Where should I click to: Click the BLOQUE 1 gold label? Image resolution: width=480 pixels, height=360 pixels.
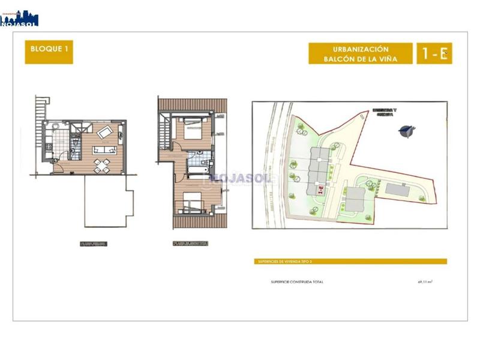pyautogui.click(x=49, y=53)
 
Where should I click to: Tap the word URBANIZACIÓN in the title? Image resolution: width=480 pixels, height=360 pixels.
pyautogui.click(x=361, y=49)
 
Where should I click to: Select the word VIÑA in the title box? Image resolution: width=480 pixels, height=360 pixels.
pyautogui.click(x=386, y=59)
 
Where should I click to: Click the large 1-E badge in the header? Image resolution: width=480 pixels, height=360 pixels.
pyautogui.click(x=434, y=53)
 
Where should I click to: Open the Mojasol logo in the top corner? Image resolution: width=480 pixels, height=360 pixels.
pyautogui.click(x=19, y=17)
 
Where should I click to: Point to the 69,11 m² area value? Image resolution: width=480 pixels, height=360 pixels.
pyautogui.click(x=425, y=281)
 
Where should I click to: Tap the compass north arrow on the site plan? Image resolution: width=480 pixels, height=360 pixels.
pyautogui.click(x=407, y=130)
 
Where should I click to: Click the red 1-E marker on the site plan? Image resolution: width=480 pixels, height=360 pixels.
pyautogui.click(x=320, y=190)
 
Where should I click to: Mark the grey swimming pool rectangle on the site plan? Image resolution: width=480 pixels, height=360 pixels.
pyautogui.click(x=397, y=190)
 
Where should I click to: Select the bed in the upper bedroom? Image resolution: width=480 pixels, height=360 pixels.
pyautogui.click(x=194, y=129)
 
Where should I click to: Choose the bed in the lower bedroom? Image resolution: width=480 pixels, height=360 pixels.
pyautogui.click(x=193, y=202)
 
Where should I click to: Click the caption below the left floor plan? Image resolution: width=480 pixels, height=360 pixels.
pyautogui.click(x=95, y=244)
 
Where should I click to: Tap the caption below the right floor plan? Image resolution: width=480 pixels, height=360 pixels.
pyautogui.click(x=190, y=244)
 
